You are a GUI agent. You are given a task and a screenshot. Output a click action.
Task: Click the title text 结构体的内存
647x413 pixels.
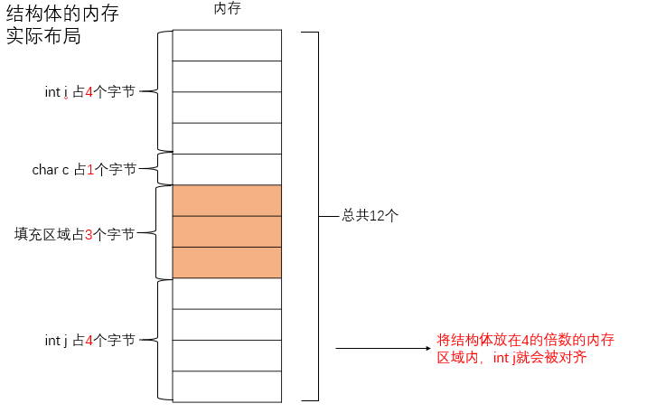tap(62, 14)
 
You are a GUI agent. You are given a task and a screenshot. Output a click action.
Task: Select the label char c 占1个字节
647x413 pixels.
tap(84, 169)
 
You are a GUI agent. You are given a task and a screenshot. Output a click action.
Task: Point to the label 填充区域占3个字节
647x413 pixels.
tap(74, 234)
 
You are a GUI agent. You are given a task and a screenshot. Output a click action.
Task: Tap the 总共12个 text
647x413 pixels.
tap(370, 216)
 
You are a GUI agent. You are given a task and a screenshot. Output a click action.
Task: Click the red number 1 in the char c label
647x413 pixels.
tap(91, 169)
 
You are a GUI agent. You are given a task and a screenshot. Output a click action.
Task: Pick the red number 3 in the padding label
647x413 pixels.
tap(89, 234)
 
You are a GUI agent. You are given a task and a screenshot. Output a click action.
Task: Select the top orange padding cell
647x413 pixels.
tap(227, 201)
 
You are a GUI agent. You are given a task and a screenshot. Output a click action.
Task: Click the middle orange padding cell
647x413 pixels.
tap(227, 231)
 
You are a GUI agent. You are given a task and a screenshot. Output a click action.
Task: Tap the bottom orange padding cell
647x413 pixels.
tap(227, 262)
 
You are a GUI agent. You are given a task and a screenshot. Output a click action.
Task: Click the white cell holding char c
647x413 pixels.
tap(227, 169)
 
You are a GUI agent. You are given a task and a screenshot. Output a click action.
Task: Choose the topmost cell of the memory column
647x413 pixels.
tap(227, 45)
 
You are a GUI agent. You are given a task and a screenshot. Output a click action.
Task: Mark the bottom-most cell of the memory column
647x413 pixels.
tap(227, 386)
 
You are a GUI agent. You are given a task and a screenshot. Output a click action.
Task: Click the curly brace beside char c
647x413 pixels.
tap(163, 168)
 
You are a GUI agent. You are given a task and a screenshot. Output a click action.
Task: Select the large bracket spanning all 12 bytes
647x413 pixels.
tap(315, 216)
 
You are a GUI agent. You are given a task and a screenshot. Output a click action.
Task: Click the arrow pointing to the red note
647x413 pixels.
tap(380, 348)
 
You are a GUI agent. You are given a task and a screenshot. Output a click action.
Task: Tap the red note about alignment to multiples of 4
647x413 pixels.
tap(525, 348)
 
